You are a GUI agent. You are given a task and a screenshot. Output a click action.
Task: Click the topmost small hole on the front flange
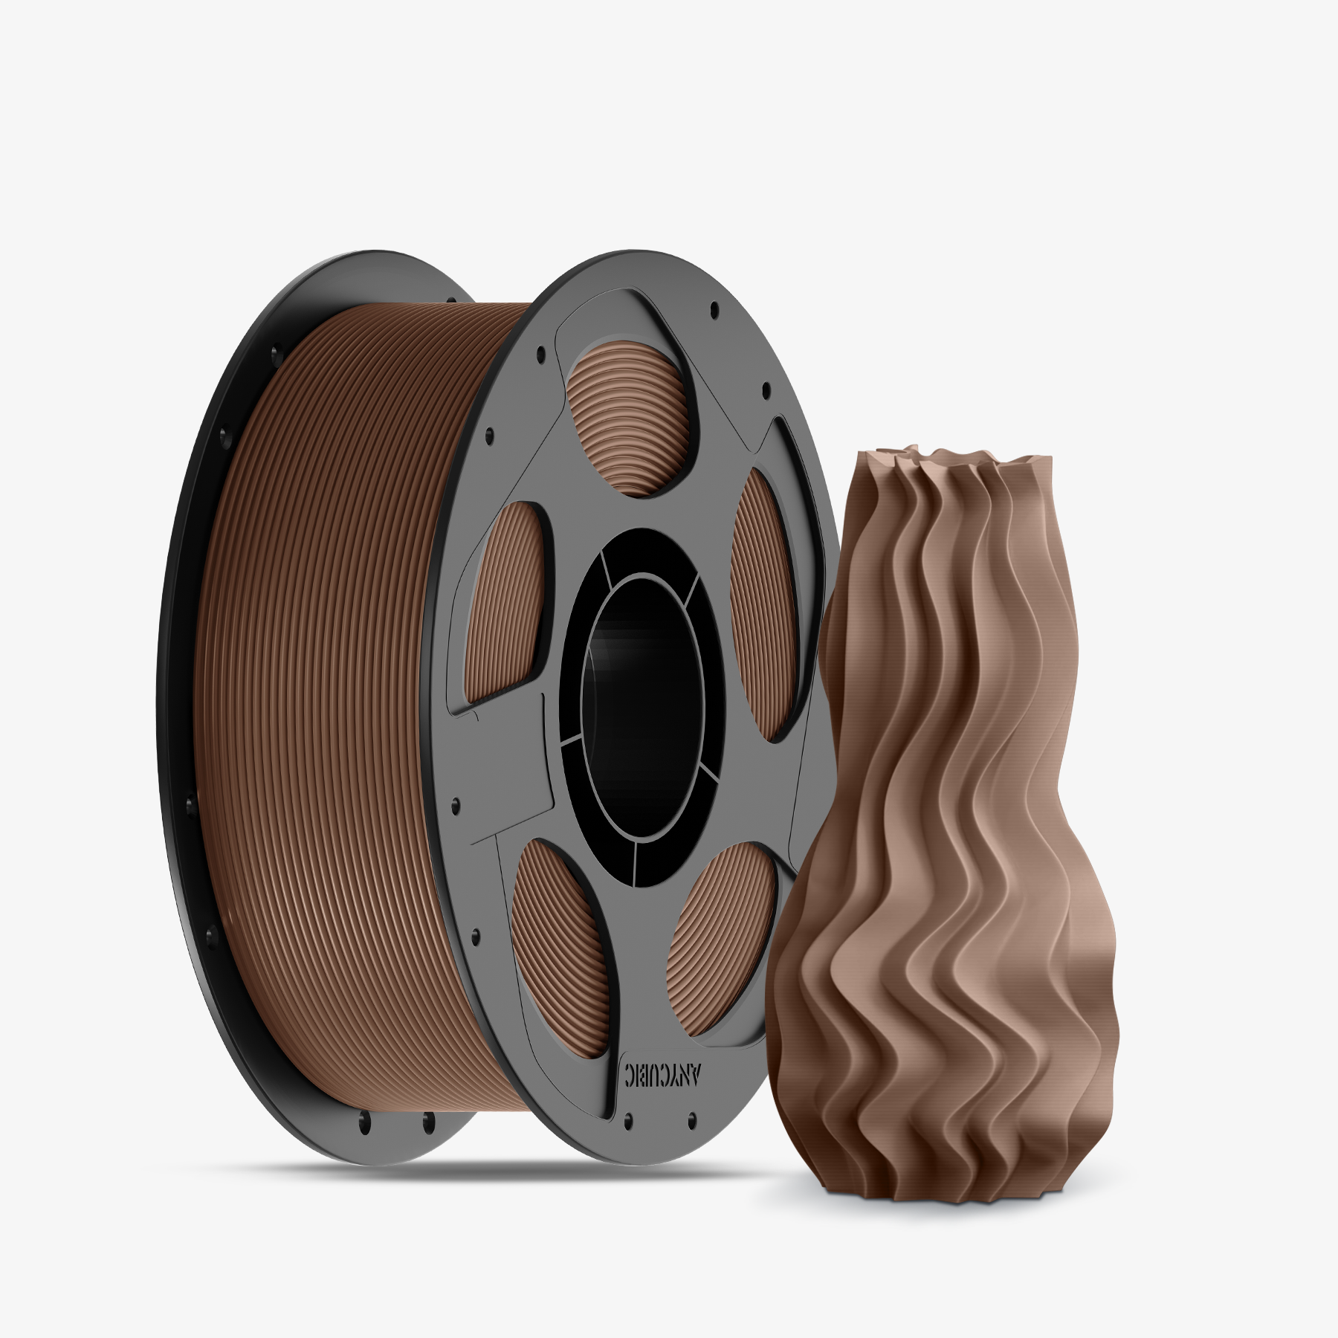pyautogui.click(x=714, y=306)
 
